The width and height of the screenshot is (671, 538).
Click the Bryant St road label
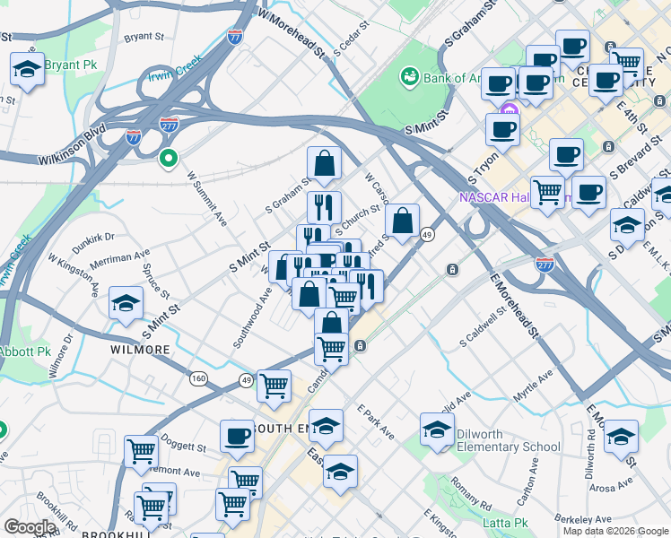click(149, 38)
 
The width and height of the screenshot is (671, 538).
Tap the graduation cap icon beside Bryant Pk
click(28, 70)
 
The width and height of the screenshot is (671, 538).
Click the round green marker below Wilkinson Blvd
click(168, 159)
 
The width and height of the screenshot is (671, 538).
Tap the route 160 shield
click(198, 378)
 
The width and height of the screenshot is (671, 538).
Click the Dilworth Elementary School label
click(508, 440)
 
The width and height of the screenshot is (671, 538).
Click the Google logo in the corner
click(29, 527)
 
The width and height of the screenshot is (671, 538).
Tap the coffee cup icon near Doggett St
click(238, 437)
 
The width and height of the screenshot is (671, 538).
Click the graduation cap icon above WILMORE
click(126, 303)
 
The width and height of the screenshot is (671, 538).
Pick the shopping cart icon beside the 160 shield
click(274, 386)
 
